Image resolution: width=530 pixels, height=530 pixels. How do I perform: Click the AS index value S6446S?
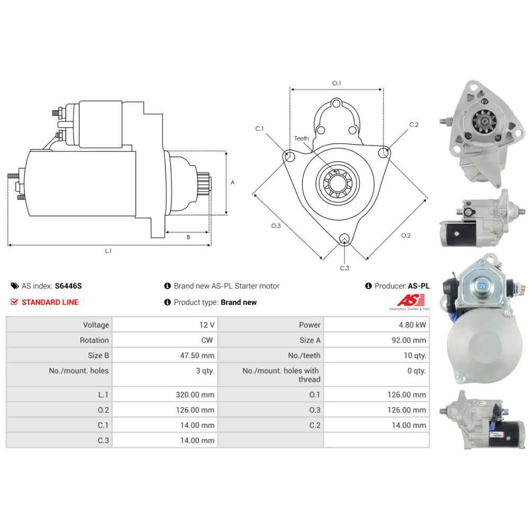[x=68, y=286]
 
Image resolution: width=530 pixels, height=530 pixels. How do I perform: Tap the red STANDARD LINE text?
[x=49, y=302]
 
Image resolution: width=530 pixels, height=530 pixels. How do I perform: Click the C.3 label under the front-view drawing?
[x=344, y=268]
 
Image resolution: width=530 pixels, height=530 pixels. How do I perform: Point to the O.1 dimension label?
[x=337, y=83]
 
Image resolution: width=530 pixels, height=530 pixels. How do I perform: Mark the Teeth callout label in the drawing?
[x=302, y=138]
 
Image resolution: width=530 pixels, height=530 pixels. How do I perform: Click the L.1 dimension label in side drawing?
[x=108, y=251]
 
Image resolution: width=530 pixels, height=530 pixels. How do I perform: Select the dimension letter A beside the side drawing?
[x=233, y=182]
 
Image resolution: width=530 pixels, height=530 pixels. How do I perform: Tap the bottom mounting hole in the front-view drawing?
[x=344, y=238]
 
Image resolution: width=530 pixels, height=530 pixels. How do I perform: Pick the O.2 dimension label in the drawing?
[x=405, y=235]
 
